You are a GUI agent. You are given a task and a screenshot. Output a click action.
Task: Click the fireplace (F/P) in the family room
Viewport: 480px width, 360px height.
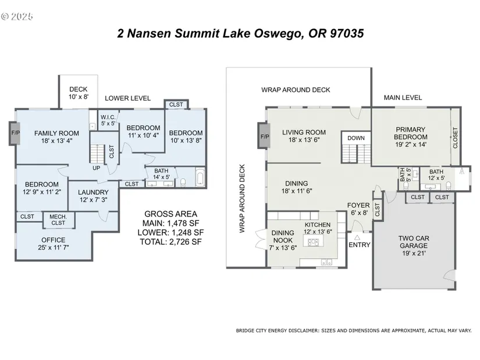(x=15, y=133)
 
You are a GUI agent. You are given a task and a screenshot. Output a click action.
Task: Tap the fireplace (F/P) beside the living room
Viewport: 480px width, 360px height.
(x=264, y=136)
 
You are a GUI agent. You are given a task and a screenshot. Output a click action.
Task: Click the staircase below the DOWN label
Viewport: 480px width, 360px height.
(x=356, y=154)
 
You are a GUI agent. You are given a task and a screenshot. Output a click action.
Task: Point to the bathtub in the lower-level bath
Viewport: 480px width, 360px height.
(x=200, y=177)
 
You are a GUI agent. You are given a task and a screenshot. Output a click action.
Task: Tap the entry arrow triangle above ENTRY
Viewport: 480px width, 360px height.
(x=357, y=237)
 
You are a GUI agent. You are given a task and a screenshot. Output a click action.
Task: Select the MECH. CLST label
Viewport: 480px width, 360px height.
(x=58, y=220)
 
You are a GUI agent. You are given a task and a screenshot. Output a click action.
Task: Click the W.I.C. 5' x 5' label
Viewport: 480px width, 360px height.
(x=108, y=120)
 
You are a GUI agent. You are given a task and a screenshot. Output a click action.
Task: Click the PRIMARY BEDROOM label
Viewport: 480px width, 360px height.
(x=411, y=133)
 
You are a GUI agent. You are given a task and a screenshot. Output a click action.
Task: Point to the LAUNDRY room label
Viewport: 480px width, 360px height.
(x=93, y=193)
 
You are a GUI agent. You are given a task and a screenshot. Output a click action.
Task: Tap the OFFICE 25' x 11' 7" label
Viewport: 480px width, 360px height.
(x=54, y=244)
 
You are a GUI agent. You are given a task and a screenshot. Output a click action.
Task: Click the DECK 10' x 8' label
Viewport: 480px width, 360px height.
(x=79, y=92)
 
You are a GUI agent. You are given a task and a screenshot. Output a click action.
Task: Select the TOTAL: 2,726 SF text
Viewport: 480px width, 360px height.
(x=171, y=242)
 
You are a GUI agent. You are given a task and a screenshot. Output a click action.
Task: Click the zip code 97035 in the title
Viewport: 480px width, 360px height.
(x=347, y=33)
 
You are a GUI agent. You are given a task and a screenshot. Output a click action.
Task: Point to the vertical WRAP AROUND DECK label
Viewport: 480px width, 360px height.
(x=242, y=198)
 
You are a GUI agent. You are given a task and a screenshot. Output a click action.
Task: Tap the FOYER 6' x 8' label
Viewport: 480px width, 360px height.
(x=358, y=209)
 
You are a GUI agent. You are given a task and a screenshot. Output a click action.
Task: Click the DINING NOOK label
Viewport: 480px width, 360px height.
(x=283, y=236)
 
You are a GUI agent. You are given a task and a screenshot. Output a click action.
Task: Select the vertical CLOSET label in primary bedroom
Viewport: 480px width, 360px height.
(x=455, y=138)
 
